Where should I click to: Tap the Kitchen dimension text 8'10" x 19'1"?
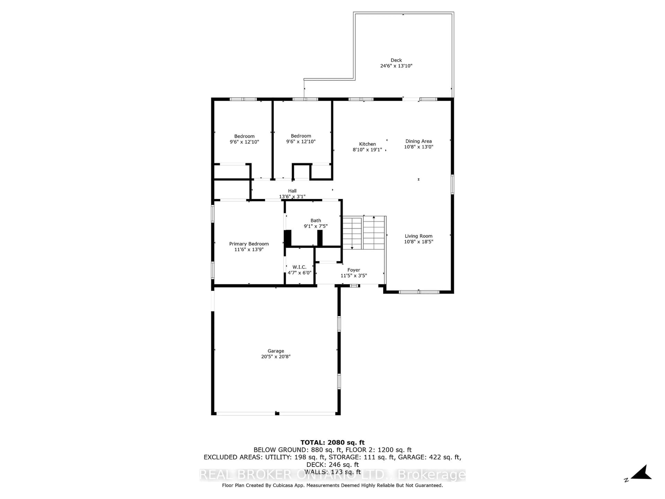click(367, 150)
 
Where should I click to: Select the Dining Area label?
click(418, 141)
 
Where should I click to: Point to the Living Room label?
click(418, 236)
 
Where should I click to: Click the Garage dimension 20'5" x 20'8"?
click(276, 356)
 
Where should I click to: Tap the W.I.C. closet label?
click(299, 267)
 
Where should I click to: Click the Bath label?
click(316, 220)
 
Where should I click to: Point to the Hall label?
click(292, 191)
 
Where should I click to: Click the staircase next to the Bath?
click(364, 233)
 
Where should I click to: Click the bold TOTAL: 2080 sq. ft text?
click(332, 443)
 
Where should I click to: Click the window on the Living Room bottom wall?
click(419, 292)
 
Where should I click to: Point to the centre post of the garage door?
click(277, 414)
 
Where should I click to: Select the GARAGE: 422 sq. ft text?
click(430, 457)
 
